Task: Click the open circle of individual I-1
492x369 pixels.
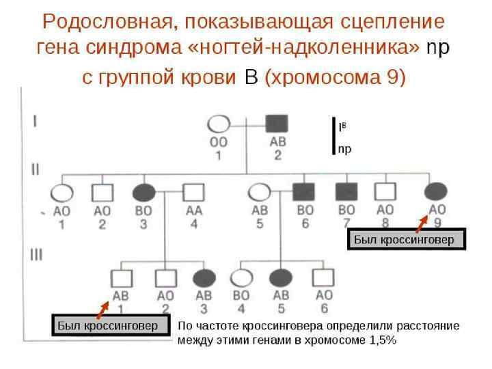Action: coord(219,125)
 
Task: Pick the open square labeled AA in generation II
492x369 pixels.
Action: coord(193,193)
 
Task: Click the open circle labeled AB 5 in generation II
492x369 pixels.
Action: coord(260,192)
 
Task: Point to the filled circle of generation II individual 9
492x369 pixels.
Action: coord(437,192)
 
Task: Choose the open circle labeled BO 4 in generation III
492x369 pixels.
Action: coord(241,278)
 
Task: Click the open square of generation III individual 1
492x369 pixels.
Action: coord(121,278)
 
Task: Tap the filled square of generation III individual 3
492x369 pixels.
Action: coord(204,278)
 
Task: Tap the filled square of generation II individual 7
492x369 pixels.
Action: coord(347,193)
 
